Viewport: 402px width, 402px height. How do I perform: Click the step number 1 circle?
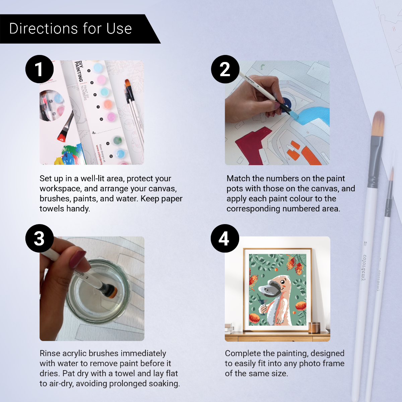40,69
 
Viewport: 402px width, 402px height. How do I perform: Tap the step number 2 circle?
225,69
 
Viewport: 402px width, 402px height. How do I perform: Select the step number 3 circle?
40,238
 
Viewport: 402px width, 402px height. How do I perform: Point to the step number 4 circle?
225,238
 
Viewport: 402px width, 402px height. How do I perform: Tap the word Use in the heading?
119,29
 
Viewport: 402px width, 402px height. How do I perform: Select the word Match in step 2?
238,179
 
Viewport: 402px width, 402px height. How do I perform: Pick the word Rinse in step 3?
50,353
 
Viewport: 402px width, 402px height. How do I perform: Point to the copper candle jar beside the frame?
314,327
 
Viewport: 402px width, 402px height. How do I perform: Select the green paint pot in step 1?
117,140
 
